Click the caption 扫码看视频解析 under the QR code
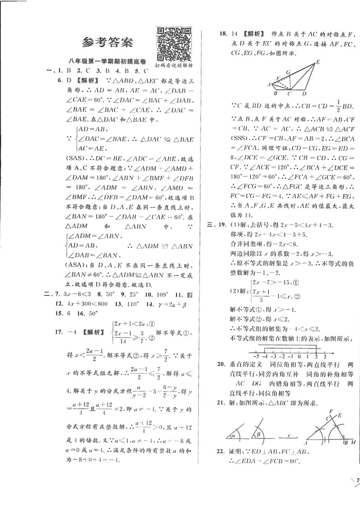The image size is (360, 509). point(175,66)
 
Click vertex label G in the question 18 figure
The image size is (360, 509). point(288,73)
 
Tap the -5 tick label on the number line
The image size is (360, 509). point(256,357)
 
